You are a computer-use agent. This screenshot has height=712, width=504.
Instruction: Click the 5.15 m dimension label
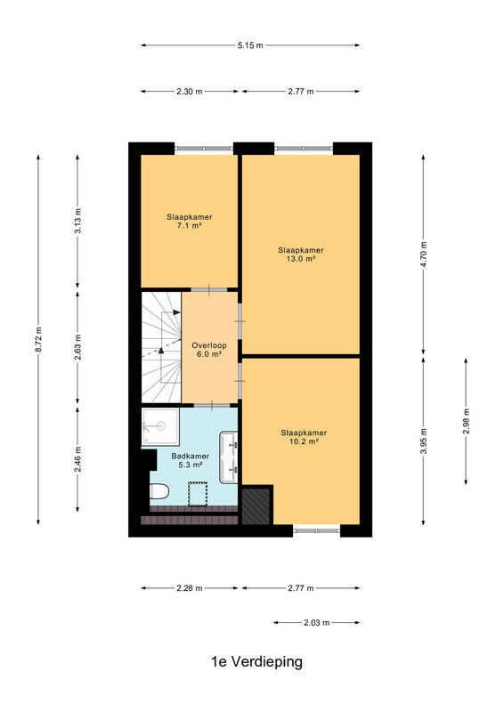(250, 45)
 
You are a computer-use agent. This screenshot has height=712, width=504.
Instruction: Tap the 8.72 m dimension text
(39, 339)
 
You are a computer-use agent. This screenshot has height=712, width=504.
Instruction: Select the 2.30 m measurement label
(190, 92)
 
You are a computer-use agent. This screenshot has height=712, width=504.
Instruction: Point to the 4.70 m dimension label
(424, 255)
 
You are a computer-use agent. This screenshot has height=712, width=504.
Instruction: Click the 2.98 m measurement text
(467, 421)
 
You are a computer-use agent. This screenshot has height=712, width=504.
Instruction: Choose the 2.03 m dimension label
(317, 622)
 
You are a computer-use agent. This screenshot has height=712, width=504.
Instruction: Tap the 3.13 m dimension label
(77, 221)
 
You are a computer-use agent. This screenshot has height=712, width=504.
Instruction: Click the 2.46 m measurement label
(77, 459)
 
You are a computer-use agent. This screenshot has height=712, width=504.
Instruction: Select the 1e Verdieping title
(256, 661)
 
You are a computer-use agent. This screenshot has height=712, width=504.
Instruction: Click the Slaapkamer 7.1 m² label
(190, 221)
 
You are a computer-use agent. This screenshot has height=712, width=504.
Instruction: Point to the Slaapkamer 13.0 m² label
(301, 255)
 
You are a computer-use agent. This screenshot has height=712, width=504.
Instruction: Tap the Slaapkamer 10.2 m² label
(304, 437)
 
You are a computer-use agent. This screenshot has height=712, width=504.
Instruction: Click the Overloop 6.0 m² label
(209, 350)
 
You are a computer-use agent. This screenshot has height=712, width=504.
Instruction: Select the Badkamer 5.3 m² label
(191, 460)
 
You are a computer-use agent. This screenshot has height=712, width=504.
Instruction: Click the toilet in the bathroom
(159, 491)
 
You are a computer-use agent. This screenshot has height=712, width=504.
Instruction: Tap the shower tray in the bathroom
(160, 426)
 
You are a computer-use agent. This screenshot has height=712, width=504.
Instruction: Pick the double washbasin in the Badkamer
(228, 457)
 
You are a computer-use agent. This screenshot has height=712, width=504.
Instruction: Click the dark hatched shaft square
(256, 506)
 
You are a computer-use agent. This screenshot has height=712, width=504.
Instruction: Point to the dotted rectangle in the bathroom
(199, 494)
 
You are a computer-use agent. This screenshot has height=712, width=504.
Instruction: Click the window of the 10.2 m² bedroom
(317, 530)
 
